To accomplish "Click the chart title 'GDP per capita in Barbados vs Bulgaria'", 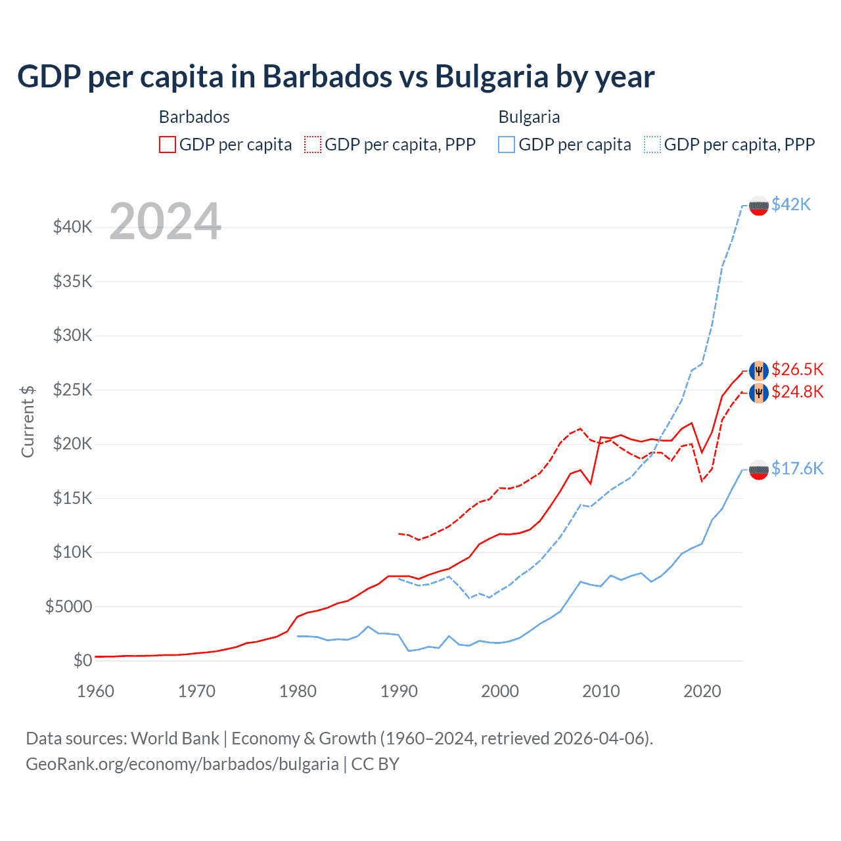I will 336,77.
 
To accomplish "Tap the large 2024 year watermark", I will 165,221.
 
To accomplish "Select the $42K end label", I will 791,205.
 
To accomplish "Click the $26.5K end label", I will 797,369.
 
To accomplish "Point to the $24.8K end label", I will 797,392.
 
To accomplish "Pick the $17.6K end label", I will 797,468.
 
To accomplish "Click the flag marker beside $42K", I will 759,206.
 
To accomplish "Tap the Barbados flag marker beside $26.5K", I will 759,371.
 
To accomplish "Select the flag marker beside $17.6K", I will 759,470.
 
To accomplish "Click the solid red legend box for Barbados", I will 168,145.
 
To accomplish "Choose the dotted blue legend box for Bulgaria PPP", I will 652,145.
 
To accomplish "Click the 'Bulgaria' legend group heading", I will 529,117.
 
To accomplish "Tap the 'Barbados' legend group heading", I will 194,117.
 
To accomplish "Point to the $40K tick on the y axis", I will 72,227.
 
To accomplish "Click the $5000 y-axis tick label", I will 68,606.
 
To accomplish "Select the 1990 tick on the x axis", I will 399,691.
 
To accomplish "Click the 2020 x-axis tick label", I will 702,691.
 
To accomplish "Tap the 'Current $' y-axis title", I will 28,421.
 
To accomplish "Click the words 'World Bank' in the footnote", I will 175,739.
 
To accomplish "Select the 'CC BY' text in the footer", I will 375,764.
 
